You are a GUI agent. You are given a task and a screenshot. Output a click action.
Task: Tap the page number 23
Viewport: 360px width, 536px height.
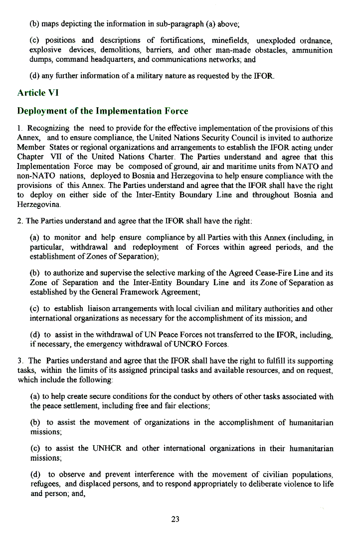pos(175,519)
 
